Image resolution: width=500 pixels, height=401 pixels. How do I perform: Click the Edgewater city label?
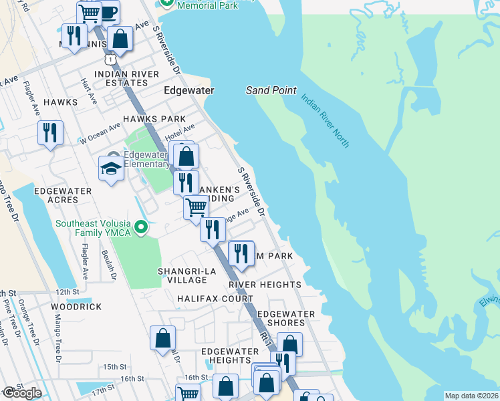(189, 90)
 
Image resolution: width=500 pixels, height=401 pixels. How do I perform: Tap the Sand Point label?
(271, 90)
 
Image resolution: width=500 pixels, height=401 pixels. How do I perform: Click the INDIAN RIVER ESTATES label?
(126, 78)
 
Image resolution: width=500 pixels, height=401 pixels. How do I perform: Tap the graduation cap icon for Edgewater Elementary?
(111, 168)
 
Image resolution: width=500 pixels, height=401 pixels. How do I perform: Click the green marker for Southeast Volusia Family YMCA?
(140, 229)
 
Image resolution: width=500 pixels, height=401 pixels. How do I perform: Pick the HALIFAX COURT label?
(206, 299)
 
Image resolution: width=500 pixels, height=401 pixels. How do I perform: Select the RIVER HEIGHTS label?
(265, 285)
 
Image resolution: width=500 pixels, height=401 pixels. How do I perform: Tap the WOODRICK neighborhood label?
(76, 307)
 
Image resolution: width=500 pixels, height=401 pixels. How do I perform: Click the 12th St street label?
(67, 292)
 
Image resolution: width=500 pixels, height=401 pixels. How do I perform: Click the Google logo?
(22, 393)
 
